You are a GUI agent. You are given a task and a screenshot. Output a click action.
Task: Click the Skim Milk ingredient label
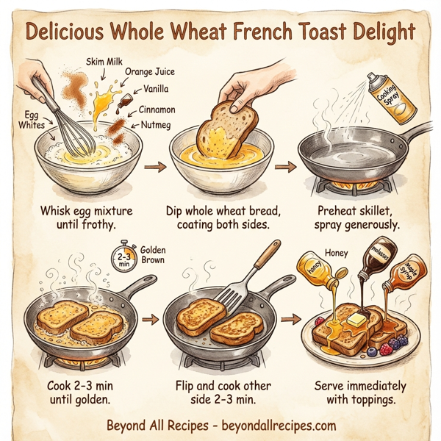(x=104, y=62)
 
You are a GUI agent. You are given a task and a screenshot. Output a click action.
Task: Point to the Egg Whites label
(x=30, y=120)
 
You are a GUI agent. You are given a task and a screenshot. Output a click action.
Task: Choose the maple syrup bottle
(x=406, y=278)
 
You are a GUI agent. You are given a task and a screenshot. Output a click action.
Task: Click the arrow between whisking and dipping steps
(x=154, y=168)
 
